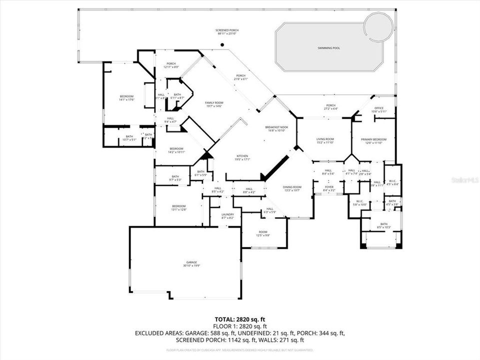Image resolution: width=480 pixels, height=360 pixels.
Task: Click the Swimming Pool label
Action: [328, 48]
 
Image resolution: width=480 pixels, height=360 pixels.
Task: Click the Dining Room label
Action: [293, 188]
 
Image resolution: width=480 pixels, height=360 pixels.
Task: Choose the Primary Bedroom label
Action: [374, 141]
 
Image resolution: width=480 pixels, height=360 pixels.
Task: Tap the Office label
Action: [379, 109]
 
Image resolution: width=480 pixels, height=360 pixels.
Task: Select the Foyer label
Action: [328, 189]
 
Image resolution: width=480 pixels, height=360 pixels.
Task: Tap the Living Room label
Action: [325, 140]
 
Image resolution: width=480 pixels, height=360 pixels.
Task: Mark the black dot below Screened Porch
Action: [222, 45]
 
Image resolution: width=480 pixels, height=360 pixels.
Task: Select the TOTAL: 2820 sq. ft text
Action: [240, 318]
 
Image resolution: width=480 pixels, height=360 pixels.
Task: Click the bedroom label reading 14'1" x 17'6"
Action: [126, 98]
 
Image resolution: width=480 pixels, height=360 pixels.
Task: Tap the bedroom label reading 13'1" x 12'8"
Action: [179, 207]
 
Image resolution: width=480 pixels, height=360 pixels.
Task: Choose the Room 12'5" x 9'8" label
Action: [263, 233]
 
